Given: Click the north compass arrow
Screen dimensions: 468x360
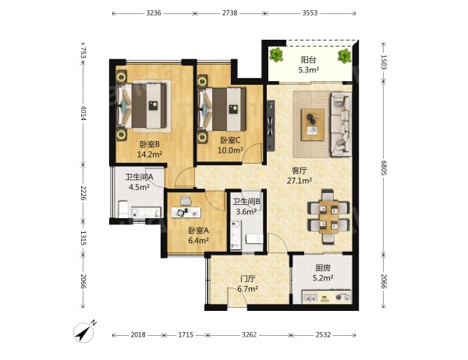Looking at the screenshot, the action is coord(84,332).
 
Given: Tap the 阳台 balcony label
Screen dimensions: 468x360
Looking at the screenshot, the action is coord(308,60).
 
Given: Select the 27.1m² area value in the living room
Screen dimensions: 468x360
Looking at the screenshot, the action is coord(300,181).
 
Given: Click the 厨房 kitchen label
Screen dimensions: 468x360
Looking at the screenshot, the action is coord(323,268).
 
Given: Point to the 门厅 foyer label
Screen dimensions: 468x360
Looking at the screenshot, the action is coord(248,279).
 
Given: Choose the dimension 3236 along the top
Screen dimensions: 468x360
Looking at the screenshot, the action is coord(154,12).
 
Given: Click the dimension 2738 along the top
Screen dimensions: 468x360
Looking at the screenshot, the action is coord(230,12).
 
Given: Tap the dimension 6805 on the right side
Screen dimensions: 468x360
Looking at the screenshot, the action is coord(384,168).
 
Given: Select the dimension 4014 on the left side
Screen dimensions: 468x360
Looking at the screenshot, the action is coord(83,113).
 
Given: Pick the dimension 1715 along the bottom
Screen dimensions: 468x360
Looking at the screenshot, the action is coord(186,335).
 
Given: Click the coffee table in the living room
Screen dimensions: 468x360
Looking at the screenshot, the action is coord(313,125).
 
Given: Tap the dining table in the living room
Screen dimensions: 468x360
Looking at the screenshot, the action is coord(328,217).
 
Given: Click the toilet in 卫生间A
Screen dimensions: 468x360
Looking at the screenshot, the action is coord(123,209).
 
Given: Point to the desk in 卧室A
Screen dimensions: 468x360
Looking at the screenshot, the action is coord(186,212).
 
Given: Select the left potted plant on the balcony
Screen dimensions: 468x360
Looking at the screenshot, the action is coord(276,55).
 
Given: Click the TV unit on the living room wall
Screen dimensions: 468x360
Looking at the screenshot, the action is coord(271,125).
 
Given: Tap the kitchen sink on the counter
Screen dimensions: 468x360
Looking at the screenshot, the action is coord(310,297).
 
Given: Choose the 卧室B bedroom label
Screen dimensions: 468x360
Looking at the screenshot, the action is coord(150,145).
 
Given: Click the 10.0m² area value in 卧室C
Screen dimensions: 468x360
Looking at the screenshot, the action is coord(230,150).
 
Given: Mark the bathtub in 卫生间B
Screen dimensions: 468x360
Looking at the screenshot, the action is coord(236,235).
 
